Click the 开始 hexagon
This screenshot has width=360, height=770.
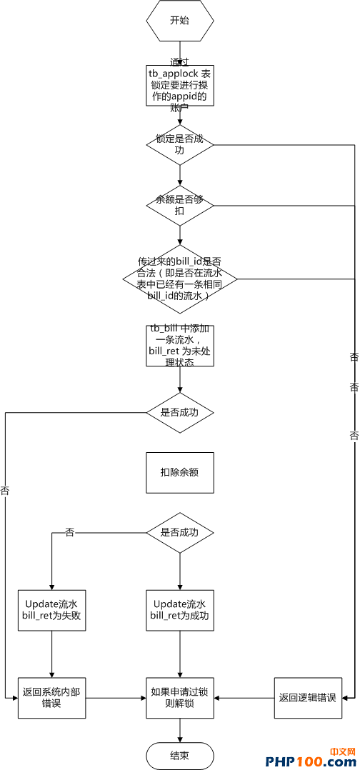tap(179, 21)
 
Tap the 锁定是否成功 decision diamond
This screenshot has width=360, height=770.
tap(179, 145)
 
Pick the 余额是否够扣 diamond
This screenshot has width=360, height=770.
tap(179, 206)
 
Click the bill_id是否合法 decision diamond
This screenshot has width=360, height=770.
tap(179, 279)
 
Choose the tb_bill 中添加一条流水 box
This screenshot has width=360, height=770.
tap(179, 346)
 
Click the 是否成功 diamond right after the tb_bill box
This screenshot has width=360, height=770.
tap(179, 412)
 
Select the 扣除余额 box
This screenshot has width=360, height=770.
tap(179, 472)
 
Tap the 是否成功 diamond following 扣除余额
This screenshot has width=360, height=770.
tap(179, 533)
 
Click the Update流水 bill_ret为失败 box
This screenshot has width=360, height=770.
tap(52, 610)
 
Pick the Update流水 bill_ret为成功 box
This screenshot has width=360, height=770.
tap(179, 610)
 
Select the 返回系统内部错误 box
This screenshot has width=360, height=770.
tap(52, 697)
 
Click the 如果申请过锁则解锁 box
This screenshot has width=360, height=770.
tap(179, 697)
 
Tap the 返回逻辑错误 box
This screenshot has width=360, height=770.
tap(307, 697)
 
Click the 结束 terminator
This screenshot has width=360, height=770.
tap(179, 756)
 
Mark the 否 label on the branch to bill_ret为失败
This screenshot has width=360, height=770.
tap(69, 533)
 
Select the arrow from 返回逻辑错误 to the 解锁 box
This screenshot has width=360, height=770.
tap(244, 697)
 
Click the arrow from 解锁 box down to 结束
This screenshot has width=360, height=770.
tap(179, 730)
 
